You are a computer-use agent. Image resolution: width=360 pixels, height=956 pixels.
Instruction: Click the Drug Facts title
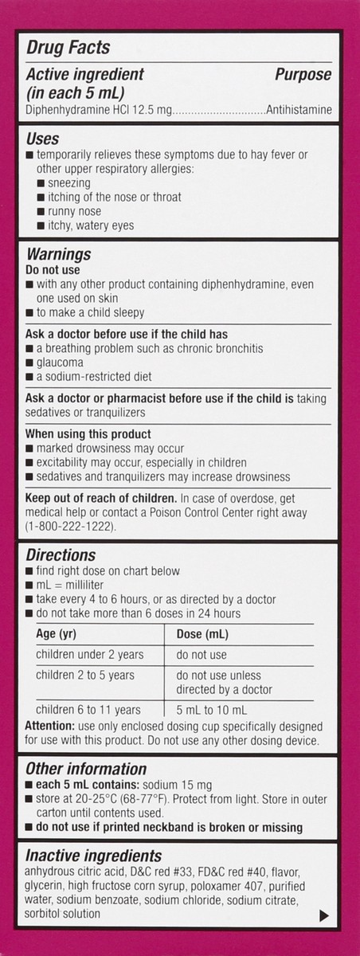pos(68,49)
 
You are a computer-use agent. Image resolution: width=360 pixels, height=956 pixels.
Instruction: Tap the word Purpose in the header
pos(303,74)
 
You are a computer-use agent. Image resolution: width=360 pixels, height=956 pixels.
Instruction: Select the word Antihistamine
pos(299,111)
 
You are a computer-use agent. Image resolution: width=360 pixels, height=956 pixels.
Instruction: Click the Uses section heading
pos(43,139)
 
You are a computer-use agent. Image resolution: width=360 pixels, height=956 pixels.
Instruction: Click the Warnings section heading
pos(59,255)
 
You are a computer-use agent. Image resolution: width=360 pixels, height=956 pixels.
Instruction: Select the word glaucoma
pos(61,362)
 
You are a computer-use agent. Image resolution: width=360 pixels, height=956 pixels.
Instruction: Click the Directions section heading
pos(61,555)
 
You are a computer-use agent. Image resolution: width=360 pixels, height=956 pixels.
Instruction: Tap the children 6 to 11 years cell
pos(88,710)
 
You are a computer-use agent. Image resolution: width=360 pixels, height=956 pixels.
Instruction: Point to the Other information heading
pos(86,769)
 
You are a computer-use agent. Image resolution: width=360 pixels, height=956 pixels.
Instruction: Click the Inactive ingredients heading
pos(94,856)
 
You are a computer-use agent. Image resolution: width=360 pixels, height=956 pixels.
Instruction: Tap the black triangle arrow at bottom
pos(323,916)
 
